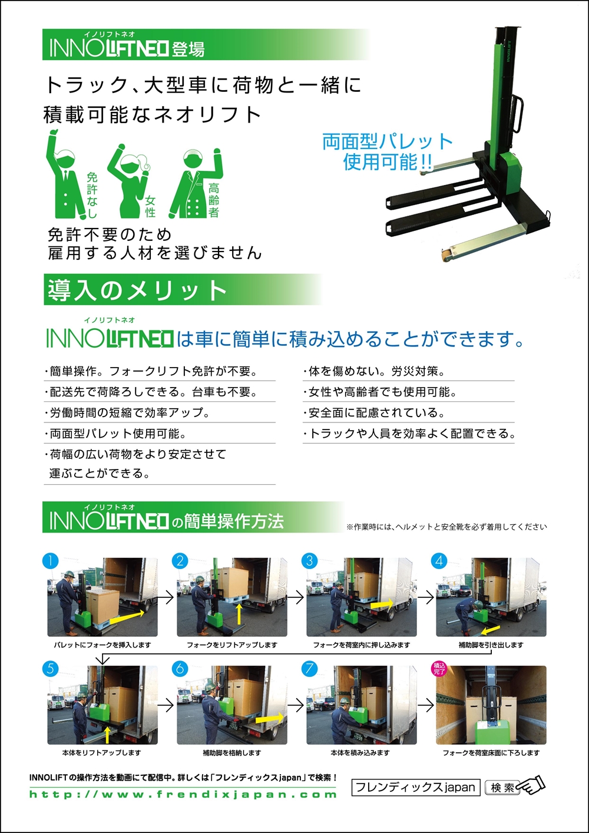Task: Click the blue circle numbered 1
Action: click(x=51, y=561)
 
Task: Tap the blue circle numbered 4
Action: click(x=439, y=561)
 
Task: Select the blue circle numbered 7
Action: click(x=309, y=669)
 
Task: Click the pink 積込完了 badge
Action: click(x=439, y=669)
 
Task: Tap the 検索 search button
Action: click(x=502, y=787)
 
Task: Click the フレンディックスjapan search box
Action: click(x=416, y=787)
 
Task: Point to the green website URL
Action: click(x=183, y=794)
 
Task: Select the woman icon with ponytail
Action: click(x=128, y=181)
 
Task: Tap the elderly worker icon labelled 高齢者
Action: click(x=196, y=183)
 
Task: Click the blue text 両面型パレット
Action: click(x=388, y=141)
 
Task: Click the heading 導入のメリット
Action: click(x=137, y=290)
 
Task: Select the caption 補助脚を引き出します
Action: click(x=491, y=645)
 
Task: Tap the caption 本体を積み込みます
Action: click(x=360, y=753)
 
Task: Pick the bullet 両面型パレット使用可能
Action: click(x=115, y=434)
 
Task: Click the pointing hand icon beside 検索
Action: click(x=532, y=786)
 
